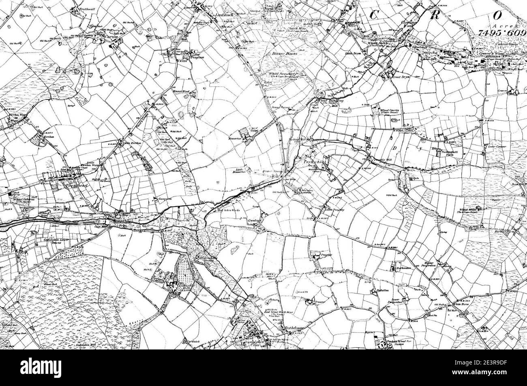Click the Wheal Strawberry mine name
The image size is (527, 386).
coord(283,74)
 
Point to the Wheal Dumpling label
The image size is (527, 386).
coord(331,100)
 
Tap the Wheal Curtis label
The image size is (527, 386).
coord(390,110)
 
